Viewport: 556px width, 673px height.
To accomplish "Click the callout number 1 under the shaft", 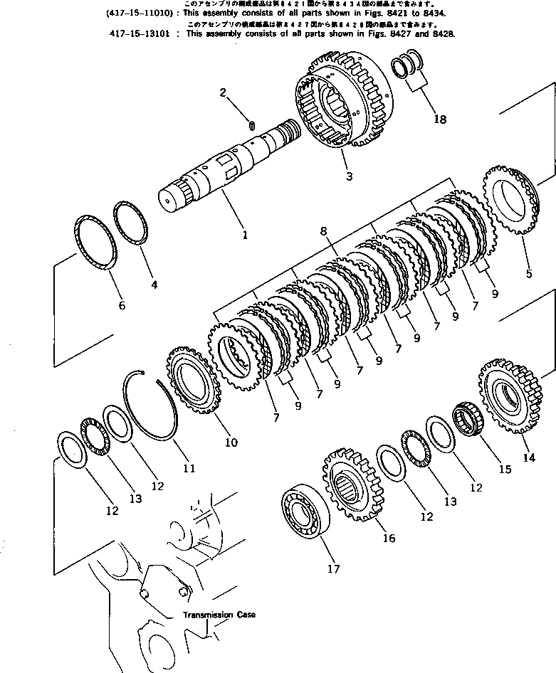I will point(244,233).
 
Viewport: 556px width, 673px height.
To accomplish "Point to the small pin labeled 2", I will point(251,125).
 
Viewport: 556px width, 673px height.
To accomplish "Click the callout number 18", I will point(440,120).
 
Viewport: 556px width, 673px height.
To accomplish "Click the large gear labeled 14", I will point(507,396).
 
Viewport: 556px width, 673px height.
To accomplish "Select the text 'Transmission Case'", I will point(219,615).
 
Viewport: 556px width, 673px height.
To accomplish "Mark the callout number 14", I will point(528,457).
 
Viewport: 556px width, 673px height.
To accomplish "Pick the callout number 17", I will point(333,568).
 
